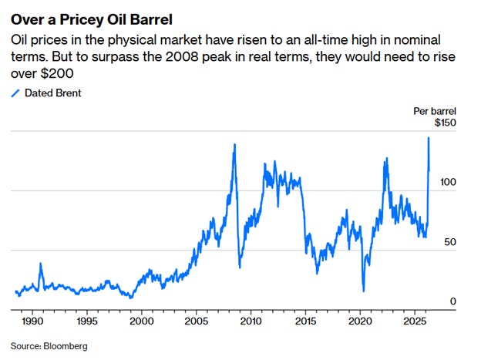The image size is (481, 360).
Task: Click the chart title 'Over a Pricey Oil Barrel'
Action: click(92, 19)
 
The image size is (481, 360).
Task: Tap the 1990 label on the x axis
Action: click(32, 321)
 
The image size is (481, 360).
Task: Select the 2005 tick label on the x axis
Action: click(197, 321)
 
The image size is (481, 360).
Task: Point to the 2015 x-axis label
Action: click(305, 321)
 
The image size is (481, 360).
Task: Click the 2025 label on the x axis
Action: click(415, 321)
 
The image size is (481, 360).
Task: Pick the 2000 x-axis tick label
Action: click(142, 321)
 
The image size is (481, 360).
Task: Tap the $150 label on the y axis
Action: click(446, 123)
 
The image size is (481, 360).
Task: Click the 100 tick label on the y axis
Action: click(448, 182)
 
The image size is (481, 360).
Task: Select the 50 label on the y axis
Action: click(450, 242)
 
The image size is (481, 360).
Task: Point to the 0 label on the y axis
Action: click(453, 301)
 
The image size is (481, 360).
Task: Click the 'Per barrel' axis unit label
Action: click(435, 111)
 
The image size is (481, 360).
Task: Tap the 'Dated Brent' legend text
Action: click(53, 93)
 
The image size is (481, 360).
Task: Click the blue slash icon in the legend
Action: click(15, 93)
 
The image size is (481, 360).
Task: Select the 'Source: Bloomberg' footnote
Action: click(49, 346)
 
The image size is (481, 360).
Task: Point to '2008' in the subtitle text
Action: click(182, 57)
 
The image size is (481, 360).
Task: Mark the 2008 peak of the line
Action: click(235, 144)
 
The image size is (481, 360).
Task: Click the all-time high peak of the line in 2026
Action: click(429, 137)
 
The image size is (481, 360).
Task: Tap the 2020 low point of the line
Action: click(364, 291)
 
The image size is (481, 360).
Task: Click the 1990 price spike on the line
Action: click(41, 264)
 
